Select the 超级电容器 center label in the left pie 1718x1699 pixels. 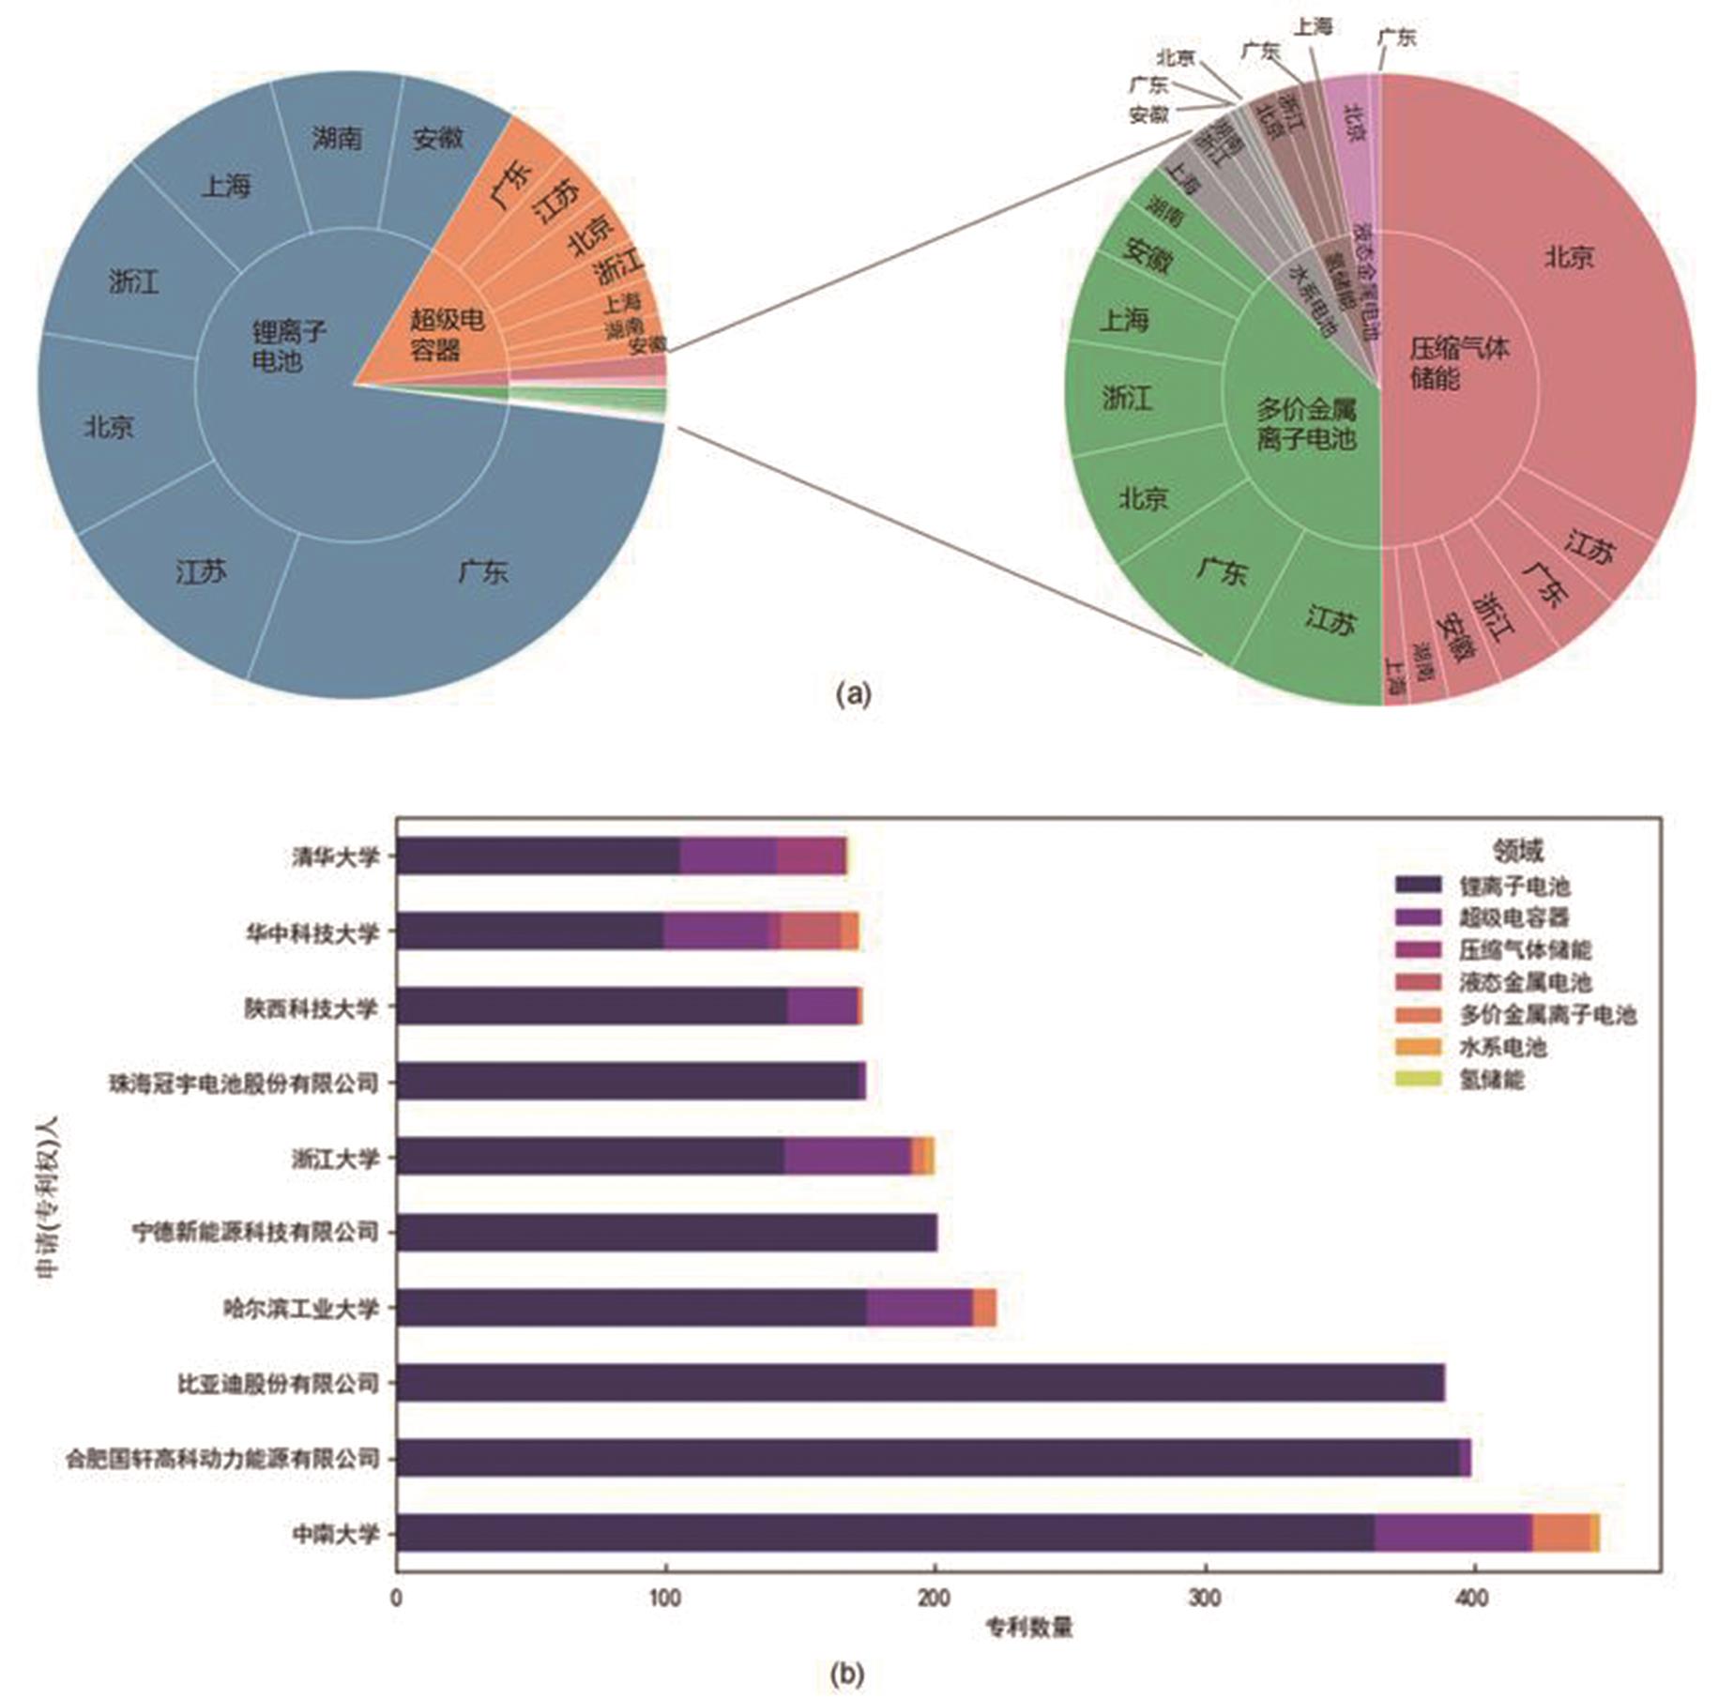447,335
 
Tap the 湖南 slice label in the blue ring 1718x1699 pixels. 336,139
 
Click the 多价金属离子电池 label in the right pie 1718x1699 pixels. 1306,423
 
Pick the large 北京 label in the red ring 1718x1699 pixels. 1569,256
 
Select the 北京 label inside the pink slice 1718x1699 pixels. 1354,122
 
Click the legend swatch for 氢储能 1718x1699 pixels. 1418,1079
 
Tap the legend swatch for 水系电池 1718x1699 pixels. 1418,1046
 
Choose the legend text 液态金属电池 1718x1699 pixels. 1525,982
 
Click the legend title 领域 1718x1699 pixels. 1517,851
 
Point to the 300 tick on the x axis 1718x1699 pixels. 1204,1598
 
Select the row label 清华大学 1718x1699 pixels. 335,857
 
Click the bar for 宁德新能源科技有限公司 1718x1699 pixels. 666,1233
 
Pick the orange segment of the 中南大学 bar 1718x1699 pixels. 1560,1533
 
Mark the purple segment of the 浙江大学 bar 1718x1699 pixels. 847,1157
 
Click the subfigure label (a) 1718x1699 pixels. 853,694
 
